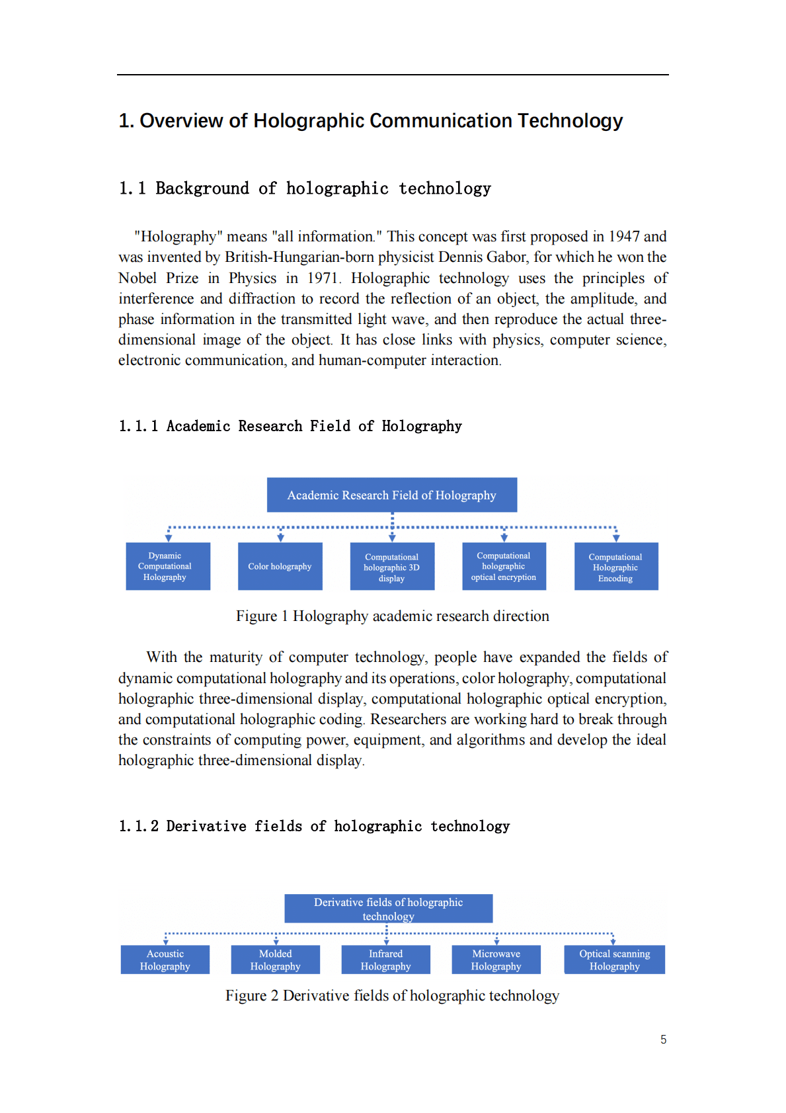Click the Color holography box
[280, 566]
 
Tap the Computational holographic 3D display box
[392, 567]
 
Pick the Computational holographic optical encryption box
[504, 566]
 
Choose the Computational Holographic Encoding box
[615, 567]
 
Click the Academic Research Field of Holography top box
[391, 495]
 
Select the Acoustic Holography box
[165, 960]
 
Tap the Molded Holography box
[275, 960]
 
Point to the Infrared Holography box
[385, 960]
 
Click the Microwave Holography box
[496, 960]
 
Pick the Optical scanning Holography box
[614, 960]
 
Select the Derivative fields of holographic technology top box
[388, 909]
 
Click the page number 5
[663, 1040]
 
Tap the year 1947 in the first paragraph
[623, 237]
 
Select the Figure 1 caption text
[392, 616]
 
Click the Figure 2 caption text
[392, 996]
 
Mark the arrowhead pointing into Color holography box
[280, 538]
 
